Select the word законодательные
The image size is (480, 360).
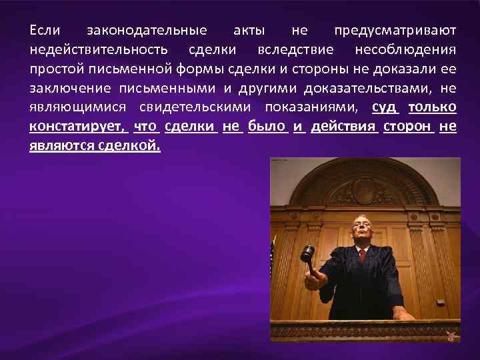click(x=147, y=31)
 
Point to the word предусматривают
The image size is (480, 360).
click(x=395, y=31)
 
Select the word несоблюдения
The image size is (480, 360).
click(x=405, y=50)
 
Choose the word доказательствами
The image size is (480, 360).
click(x=369, y=89)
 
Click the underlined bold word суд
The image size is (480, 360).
click(x=385, y=108)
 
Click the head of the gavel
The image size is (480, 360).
click(x=307, y=253)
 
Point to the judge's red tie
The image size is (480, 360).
click(x=362, y=255)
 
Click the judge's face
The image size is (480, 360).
click(x=361, y=230)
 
